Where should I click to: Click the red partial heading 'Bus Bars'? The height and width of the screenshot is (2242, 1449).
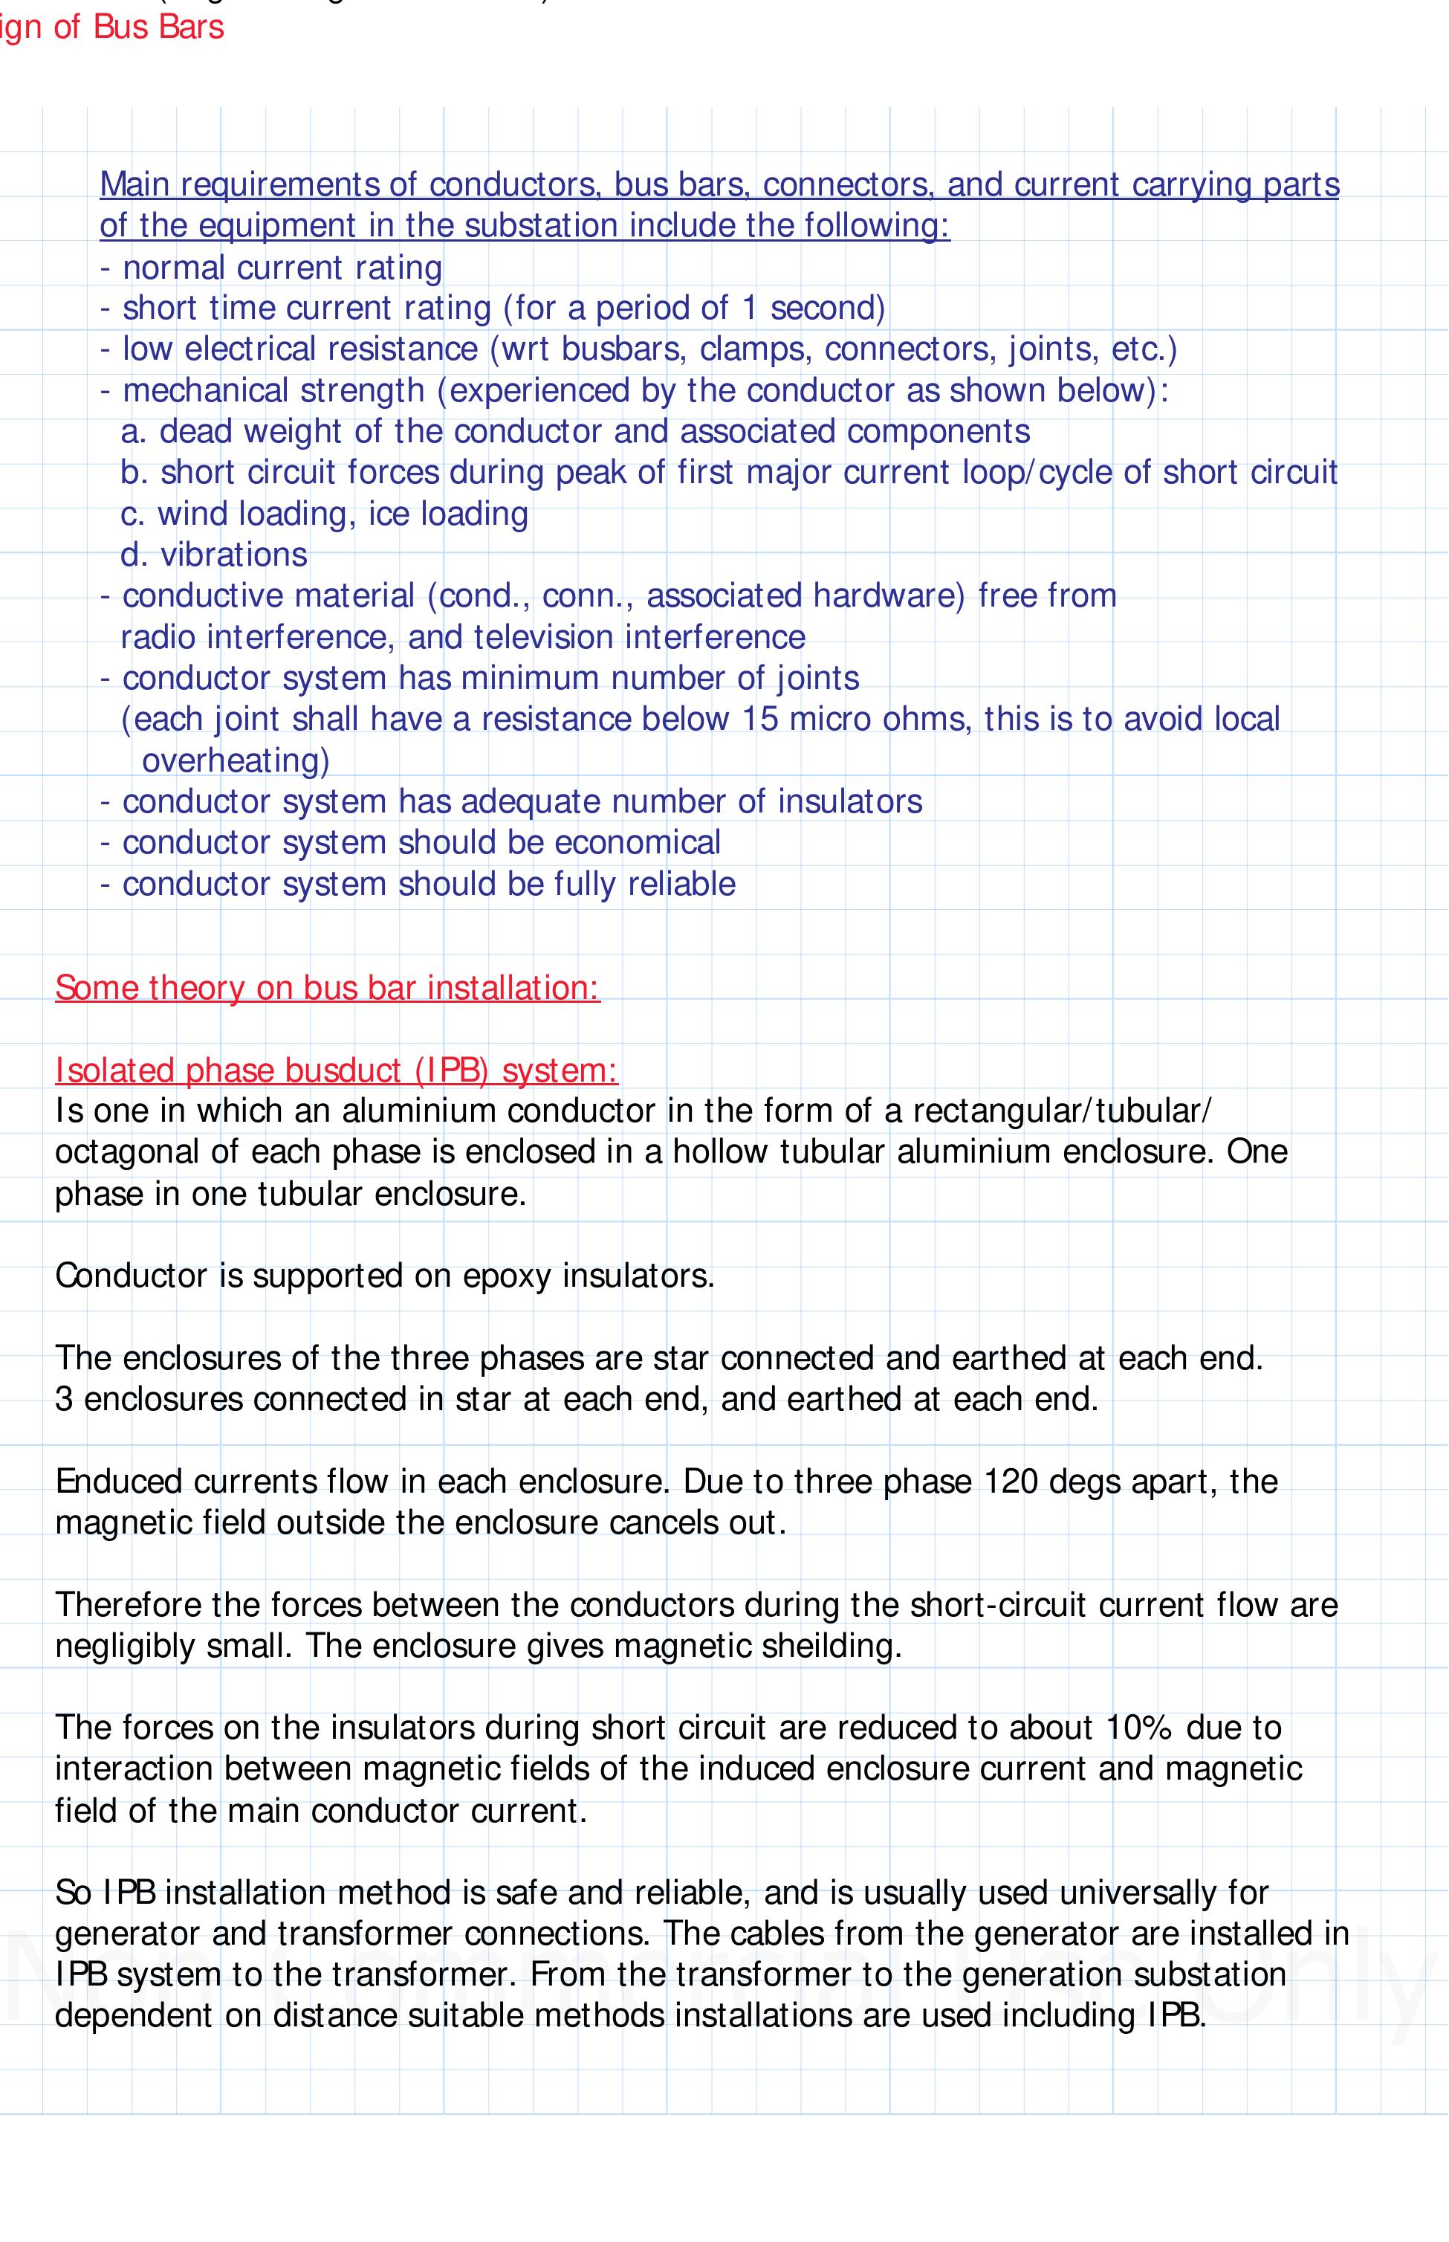158,28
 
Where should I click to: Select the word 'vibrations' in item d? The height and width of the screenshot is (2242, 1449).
233,555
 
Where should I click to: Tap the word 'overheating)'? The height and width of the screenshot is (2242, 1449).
236,760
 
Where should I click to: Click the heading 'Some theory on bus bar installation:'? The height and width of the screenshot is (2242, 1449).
326,987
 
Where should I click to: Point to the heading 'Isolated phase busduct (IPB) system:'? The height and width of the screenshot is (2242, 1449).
336,1070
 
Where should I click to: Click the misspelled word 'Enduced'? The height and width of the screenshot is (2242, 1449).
120,1482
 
